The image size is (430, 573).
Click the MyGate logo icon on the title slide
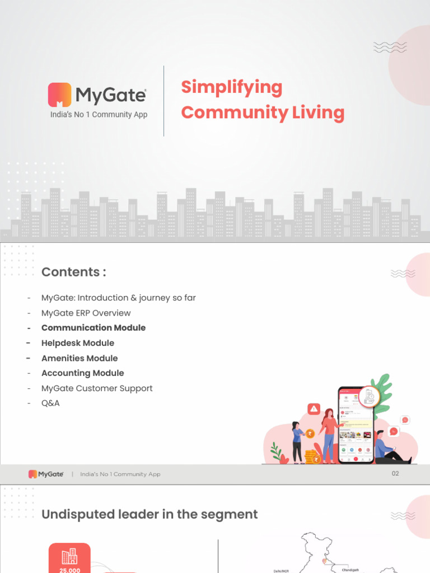[x=59, y=95]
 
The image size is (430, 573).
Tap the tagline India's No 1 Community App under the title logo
[x=99, y=115]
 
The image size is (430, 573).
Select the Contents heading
[x=73, y=272]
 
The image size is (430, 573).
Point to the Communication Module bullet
[x=94, y=328]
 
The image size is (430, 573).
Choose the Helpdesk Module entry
[x=78, y=343]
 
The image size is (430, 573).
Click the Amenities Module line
[x=80, y=358]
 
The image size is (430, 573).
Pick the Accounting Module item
[x=83, y=373]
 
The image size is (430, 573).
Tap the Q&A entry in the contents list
[x=50, y=403]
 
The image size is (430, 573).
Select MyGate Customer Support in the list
[x=97, y=388]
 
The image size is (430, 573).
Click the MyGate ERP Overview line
[x=86, y=313]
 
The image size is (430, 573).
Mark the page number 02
[x=395, y=473]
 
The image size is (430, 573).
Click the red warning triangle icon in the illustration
[x=314, y=408]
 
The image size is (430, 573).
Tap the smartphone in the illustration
[x=356, y=425]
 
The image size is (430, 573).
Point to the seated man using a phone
[x=389, y=448]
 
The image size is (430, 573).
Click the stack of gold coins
[x=311, y=457]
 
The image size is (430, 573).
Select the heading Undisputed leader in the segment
[x=149, y=514]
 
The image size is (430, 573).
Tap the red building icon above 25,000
[x=69, y=556]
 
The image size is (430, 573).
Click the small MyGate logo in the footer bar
[x=46, y=474]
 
